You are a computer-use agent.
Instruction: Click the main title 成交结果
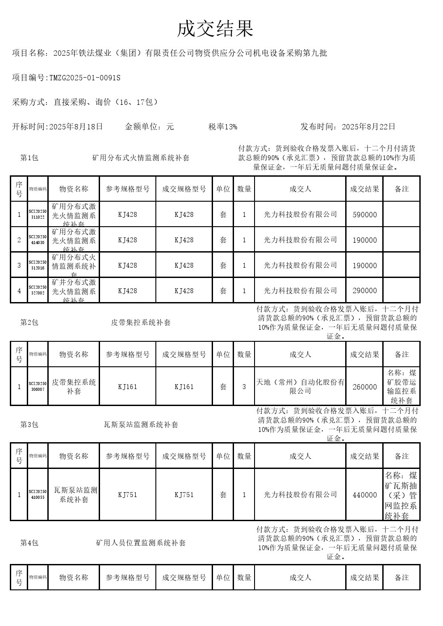click(x=215, y=29)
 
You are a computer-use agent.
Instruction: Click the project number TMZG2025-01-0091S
click(x=85, y=78)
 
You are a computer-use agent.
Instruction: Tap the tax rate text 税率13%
click(x=222, y=127)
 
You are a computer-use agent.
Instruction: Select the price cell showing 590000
click(x=364, y=215)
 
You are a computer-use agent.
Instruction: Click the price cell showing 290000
click(x=364, y=290)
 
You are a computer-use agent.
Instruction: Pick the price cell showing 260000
click(x=364, y=387)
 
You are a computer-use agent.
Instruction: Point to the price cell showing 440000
click(x=364, y=495)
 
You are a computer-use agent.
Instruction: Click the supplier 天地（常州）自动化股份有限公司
click(x=300, y=386)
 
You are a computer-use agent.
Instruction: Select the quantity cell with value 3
click(x=244, y=387)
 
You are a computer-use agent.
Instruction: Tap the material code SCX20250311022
click(x=38, y=214)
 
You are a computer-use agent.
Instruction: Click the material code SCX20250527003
click(x=38, y=290)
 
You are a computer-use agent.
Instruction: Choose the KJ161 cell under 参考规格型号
click(x=127, y=387)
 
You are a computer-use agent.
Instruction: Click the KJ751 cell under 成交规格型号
click(x=184, y=495)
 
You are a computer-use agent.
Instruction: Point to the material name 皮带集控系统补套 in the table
click(x=74, y=386)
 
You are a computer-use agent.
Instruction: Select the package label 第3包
click(x=29, y=425)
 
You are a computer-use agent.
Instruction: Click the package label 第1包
click(x=29, y=158)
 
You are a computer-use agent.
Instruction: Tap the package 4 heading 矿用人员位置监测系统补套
click(x=141, y=543)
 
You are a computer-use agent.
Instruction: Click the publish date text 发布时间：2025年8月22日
click(x=348, y=127)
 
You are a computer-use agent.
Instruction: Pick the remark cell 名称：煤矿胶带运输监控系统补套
click(x=401, y=386)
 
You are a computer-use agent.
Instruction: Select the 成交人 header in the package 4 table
click(x=300, y=577)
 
